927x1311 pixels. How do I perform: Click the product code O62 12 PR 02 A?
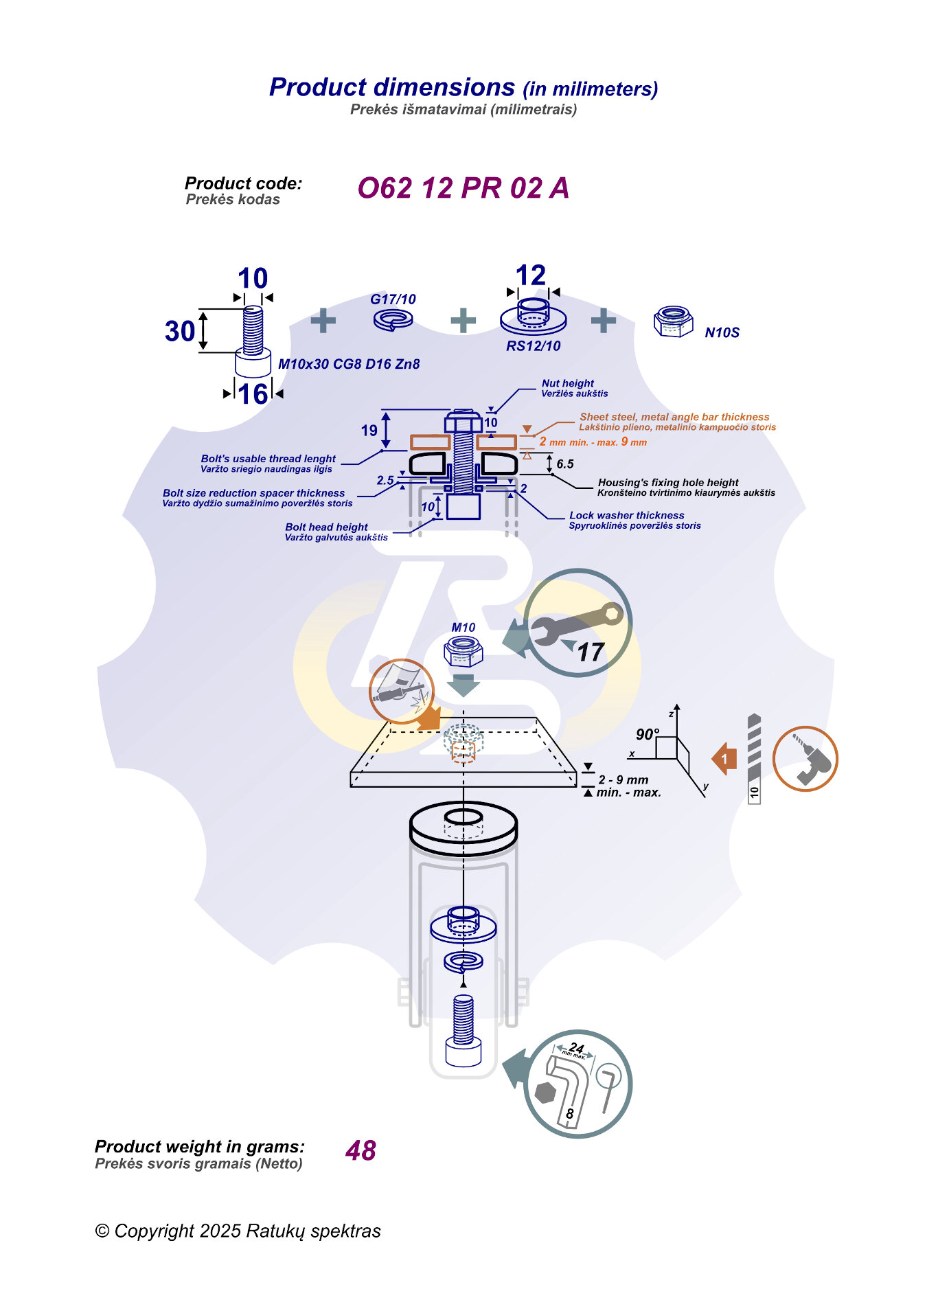463,188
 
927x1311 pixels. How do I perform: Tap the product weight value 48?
360,1150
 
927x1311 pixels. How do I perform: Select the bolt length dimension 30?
180,331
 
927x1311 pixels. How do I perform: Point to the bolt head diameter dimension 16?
253,394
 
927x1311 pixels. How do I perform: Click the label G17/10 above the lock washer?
393,299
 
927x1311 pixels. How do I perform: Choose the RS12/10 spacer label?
533,346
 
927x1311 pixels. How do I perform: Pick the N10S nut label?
722,333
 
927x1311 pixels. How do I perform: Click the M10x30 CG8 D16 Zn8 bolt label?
349,364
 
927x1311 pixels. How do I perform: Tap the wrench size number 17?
590,652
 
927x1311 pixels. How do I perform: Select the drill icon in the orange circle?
805,759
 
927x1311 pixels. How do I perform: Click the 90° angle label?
647,734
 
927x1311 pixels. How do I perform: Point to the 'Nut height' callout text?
568,383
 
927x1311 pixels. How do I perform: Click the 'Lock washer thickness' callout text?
626,515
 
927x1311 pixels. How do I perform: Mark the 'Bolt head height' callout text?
326,527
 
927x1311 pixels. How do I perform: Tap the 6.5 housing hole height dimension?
565,464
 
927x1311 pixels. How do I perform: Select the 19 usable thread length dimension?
369,431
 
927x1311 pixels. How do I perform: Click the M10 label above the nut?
463,627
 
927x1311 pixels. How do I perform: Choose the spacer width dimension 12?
531,275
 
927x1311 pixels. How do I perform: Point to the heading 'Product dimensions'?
392,87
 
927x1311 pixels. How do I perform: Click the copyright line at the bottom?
238,1231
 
